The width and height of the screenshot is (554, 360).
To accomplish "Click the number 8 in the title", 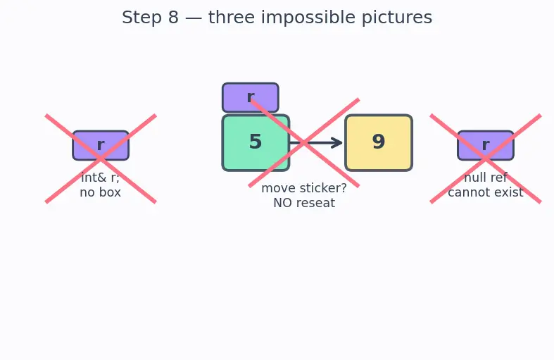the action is tap(173, 18).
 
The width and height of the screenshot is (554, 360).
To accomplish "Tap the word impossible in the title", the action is tap(308, 18).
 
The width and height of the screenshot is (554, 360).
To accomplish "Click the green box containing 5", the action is tap(256, 143).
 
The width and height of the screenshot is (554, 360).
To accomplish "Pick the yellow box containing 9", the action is tap(379, 143).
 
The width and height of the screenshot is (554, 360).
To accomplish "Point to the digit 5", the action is tap(256, 142).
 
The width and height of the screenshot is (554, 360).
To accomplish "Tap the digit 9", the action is tap(379, 142).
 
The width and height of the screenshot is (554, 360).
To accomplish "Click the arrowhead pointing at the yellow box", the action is tap(336, 143).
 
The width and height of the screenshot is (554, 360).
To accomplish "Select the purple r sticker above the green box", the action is tap(251, 98).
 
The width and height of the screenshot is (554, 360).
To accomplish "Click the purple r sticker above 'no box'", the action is tap(101, 145).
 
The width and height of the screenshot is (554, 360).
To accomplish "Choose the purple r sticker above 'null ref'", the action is tap(486, 145).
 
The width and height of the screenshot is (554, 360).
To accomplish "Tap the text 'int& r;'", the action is tap(101, 178).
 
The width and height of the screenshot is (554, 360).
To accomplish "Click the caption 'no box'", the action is tap(101, 192).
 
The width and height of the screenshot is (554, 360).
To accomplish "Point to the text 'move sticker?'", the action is tap(304, 188).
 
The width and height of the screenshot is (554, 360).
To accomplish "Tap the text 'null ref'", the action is tap(486, 178).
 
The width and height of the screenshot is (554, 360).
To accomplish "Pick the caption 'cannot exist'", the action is tap(486, 192).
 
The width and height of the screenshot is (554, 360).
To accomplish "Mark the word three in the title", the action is tap(232, 18).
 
